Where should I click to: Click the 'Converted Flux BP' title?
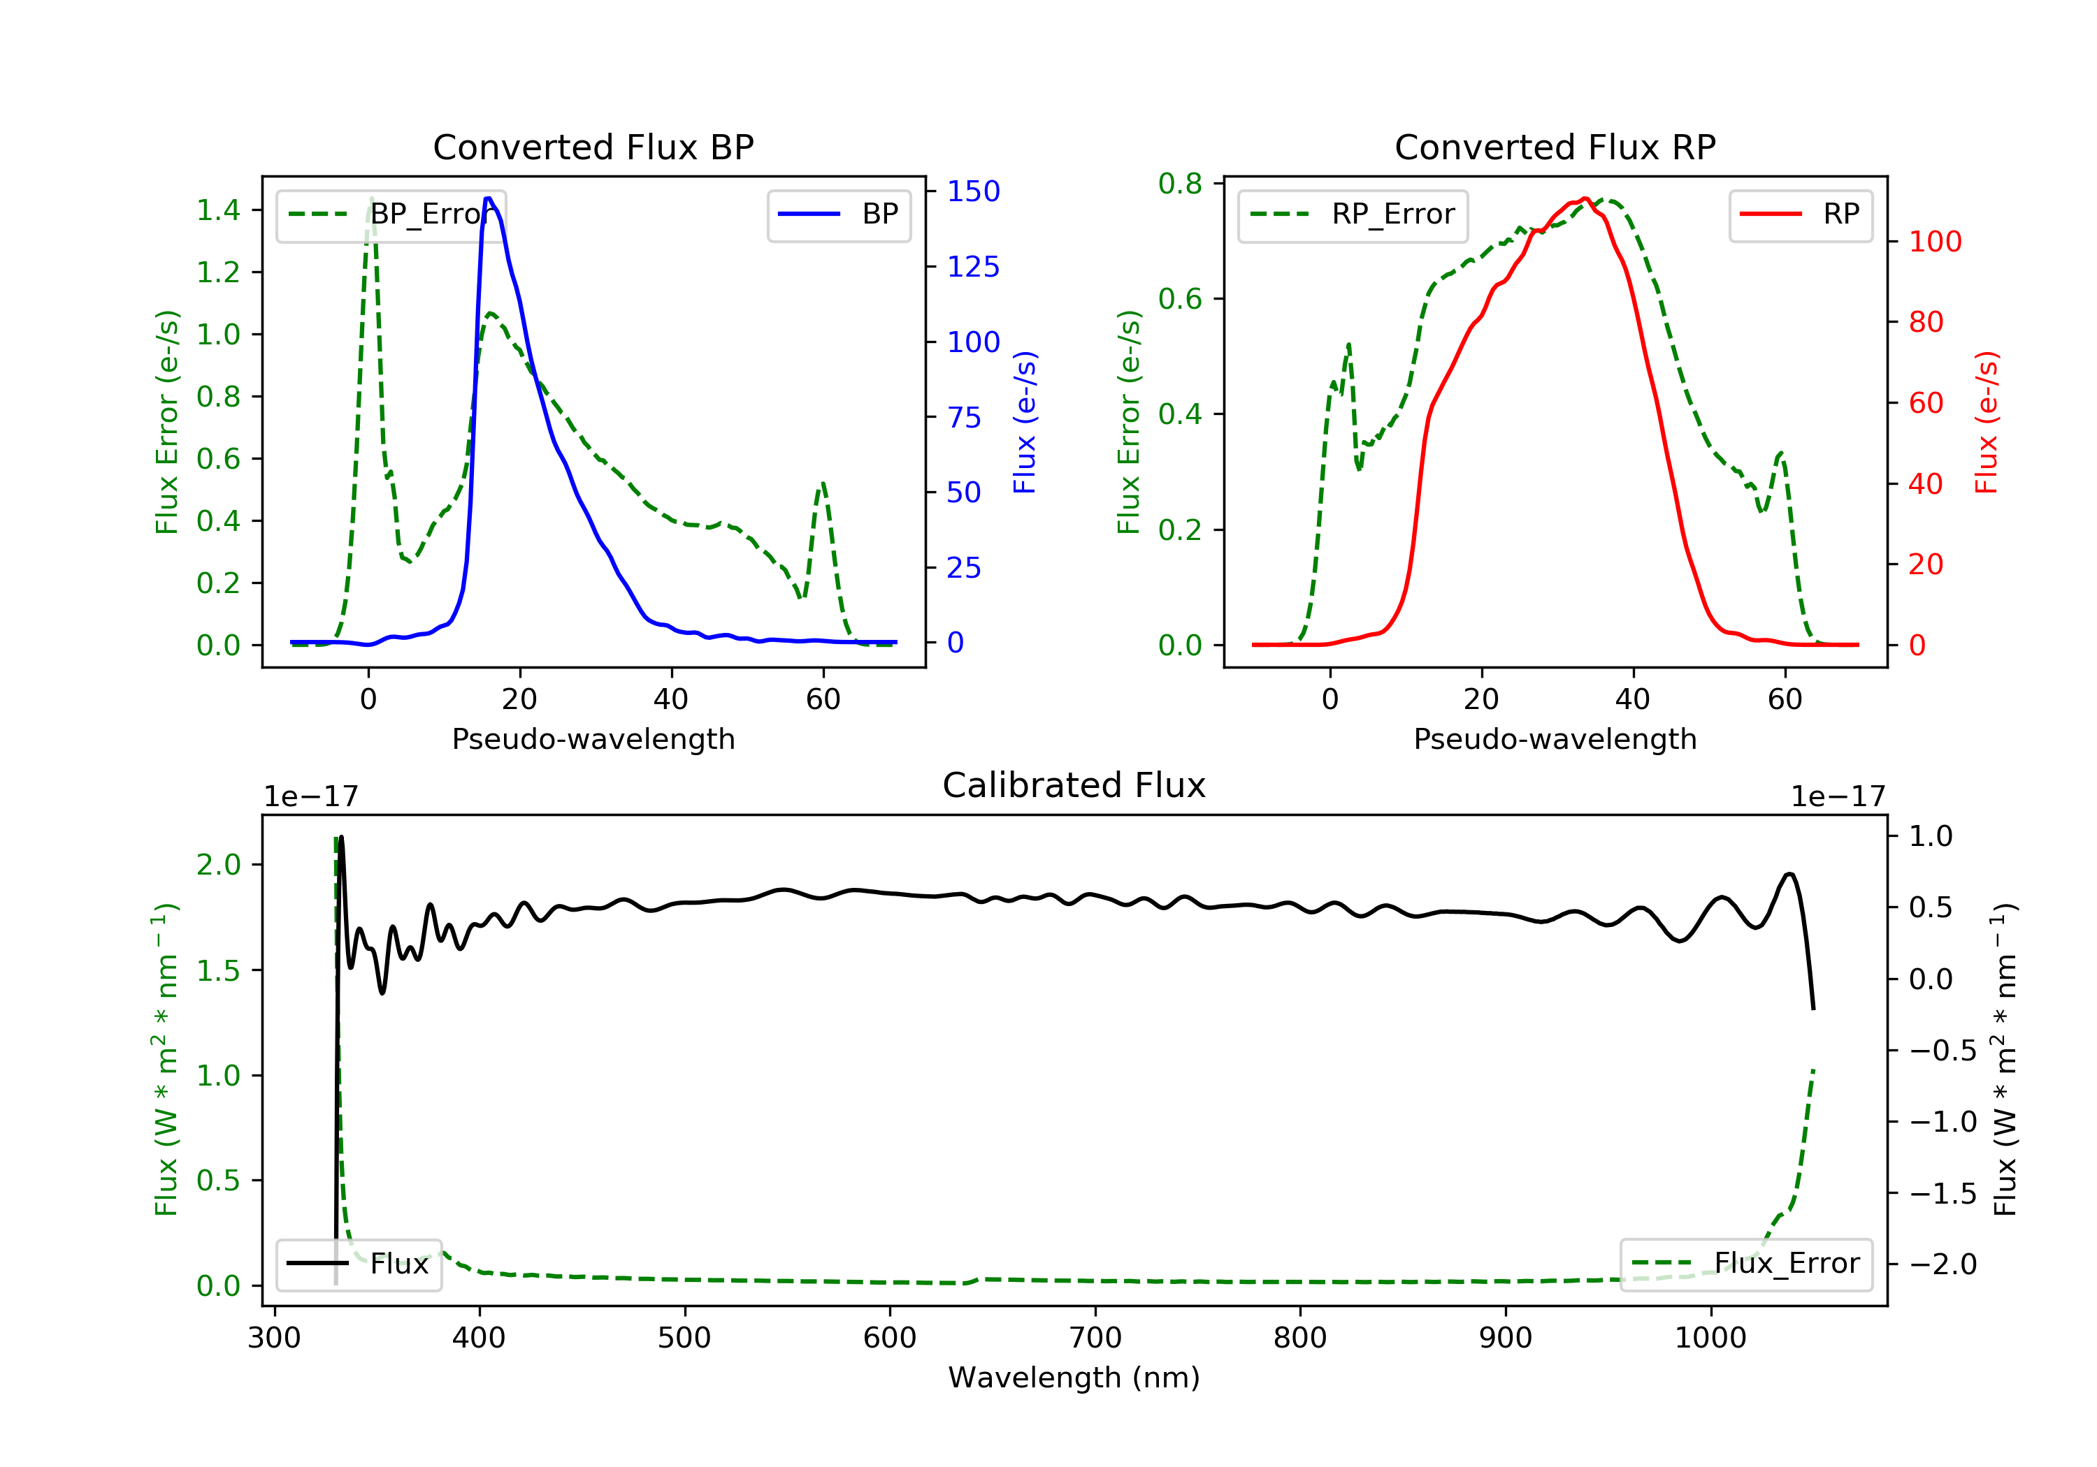click(593, 147)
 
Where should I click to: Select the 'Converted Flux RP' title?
click(1555, 147)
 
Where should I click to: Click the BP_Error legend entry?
click(391, 214)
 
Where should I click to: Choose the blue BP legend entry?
click(838, 214)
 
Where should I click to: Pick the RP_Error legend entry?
click(1353, 214)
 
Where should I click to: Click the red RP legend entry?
click(1800, 214)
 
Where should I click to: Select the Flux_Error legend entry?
click(1745, 1264)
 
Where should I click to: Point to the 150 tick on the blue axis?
click(973, 191)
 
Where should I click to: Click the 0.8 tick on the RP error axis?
click(1180, 184)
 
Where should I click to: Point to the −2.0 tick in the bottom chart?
click(1942, 1264)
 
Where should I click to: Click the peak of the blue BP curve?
click(489, 198)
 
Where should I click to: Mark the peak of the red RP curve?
click(1585, 198)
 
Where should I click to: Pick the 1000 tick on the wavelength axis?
click(1710, 1338)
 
